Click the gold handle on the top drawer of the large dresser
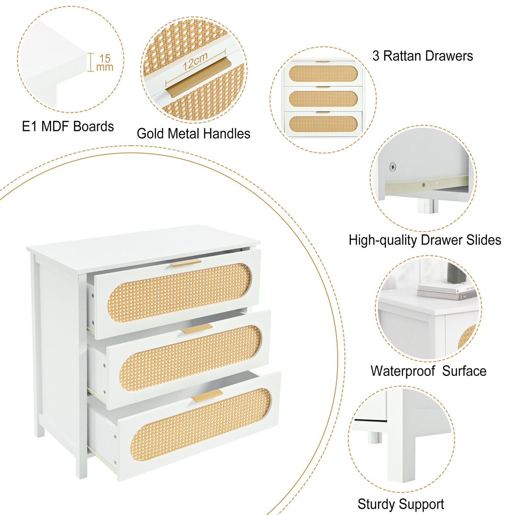(186, 263)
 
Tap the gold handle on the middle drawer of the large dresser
(197, 329)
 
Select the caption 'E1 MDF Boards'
(68, 126)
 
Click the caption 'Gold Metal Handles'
(194, 134)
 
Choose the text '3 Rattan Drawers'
(423, 56)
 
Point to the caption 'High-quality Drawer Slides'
(425, 240)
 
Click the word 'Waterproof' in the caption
(403, 371)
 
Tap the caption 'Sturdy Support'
(401, 504)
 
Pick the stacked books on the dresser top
(446, 291)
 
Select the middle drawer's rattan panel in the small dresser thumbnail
(323, 99)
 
